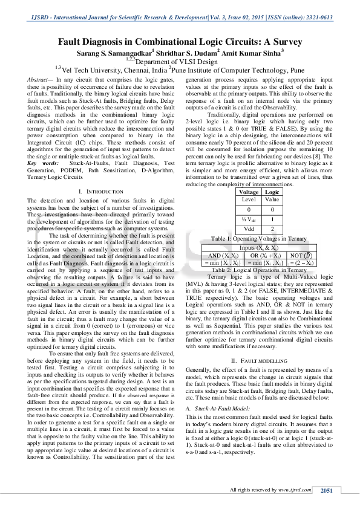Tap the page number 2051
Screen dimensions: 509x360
pyautogui.click(x=327, y=490)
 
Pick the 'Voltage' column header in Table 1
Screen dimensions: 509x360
pyautogui.click(x=249, y=192)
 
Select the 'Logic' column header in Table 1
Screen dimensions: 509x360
pyautogui.click(x=272, y=192)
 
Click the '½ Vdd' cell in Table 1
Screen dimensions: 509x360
pyautogui.click(x=249, y=220)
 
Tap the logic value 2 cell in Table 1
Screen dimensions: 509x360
pyautogui.click(x=272, y=230)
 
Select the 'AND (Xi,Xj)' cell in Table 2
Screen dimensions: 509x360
pyautogui.click(x=221, y=256)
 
